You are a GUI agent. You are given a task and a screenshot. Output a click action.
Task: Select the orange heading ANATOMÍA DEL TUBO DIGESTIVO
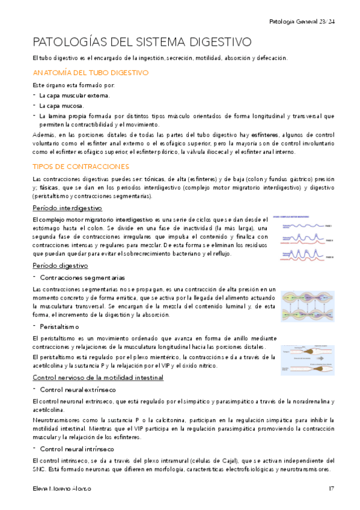pyautogui.click(x=90, y=73)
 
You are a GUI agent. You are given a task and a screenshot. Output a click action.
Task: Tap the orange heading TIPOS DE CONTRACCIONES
pyautogui.click(x=81, y=165)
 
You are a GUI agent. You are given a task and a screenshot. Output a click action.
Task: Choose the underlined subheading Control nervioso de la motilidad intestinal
pyautogui.click(x=97, y=377)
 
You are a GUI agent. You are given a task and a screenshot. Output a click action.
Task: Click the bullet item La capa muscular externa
pyautogui.click(x=75, y=96)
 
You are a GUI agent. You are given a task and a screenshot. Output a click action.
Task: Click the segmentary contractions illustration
pyautogui.click(x=307, y=306)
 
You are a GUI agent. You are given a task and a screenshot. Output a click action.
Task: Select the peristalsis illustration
pyautogui.click(x=307, y=356)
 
